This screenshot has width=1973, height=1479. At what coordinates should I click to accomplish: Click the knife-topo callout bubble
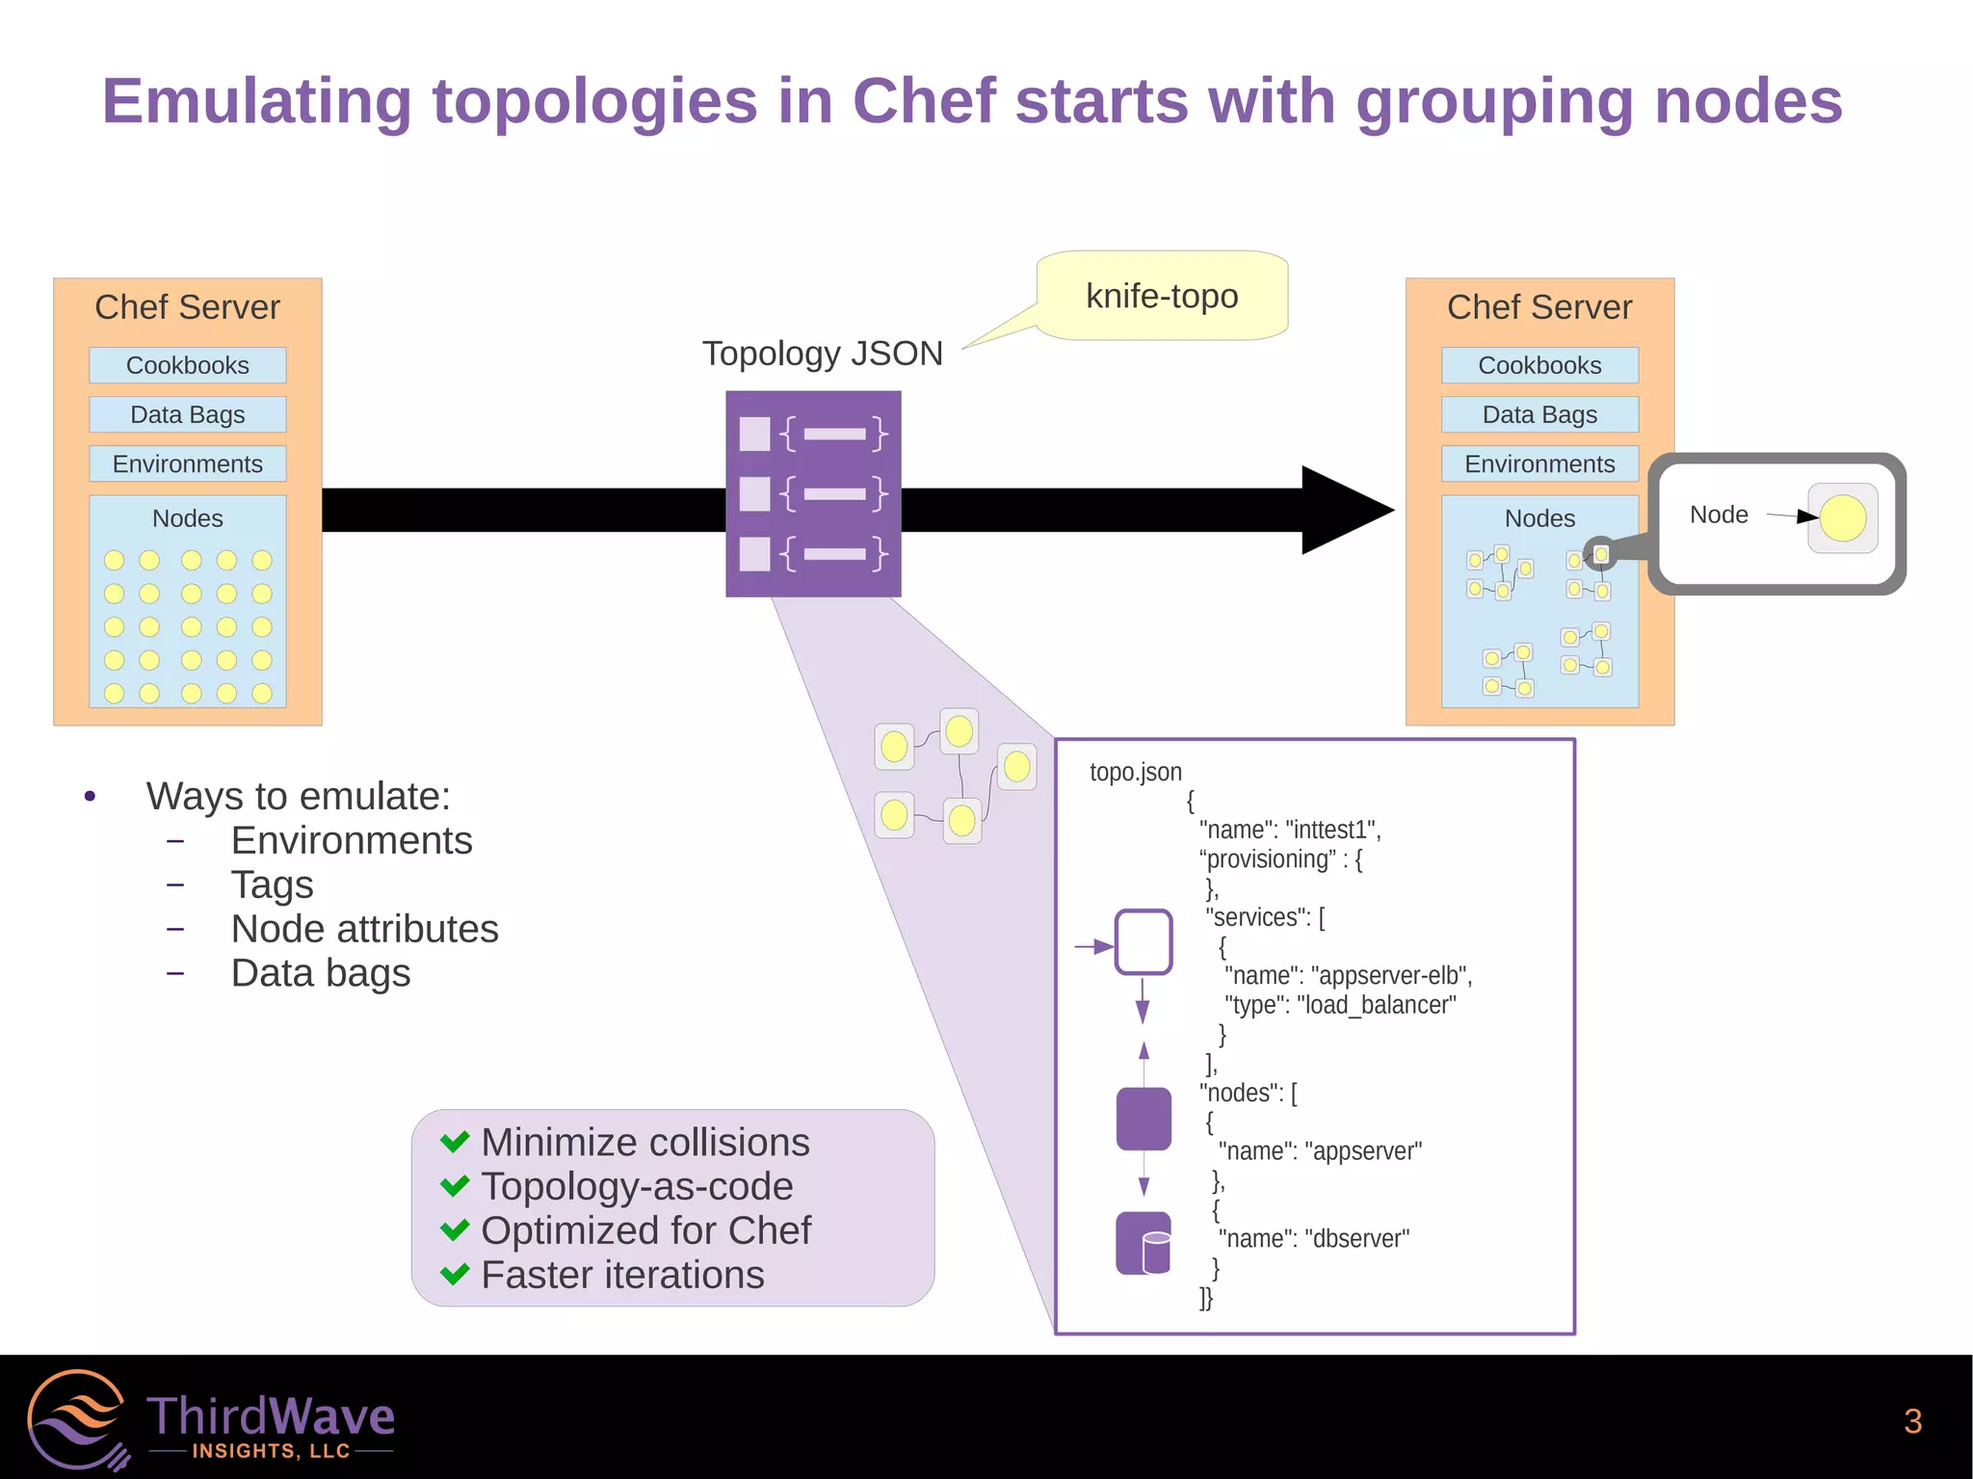(1162, 296)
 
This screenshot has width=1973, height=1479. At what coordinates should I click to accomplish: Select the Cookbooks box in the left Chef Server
(188, 365)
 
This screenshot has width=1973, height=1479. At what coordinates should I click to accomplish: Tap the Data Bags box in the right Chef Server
(1539, 414)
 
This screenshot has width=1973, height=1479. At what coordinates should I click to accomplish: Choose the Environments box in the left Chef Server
(188, 463)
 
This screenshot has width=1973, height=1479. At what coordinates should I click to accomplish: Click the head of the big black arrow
(1345, 510)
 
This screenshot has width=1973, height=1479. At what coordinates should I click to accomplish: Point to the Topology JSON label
(822, 354)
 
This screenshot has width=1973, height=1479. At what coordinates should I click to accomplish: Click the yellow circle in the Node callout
(1843, 517)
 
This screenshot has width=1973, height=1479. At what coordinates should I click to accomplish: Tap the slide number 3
(1912, 1421)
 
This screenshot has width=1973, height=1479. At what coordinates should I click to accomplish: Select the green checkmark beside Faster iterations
(455, 1275)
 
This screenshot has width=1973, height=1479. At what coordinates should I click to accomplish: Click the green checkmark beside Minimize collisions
(455, 1142)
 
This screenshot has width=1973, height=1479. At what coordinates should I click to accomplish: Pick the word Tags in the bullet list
(273, 885)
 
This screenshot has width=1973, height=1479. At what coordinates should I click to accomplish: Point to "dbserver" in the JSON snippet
(1356, 1238)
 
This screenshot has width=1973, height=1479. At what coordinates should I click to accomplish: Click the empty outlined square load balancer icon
(1144, 941)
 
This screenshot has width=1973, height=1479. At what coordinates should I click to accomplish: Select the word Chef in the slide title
(924, 101)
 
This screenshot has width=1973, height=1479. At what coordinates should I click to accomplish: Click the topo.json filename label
(1135, 772)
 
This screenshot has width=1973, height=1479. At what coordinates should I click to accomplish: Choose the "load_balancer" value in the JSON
(1377, 1005)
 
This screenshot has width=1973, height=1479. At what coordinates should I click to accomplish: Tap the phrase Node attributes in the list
(365, 929)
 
